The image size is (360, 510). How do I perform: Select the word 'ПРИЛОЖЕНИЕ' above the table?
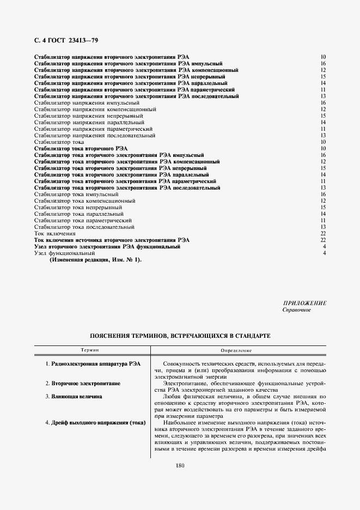coord(305,303)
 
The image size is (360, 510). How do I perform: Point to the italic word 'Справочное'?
coord(296,310)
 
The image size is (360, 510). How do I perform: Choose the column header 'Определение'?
coord(236,350)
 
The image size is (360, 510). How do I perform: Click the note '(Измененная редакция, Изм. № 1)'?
coord(95,260)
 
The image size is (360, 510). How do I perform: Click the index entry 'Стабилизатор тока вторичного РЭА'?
coord(81,148)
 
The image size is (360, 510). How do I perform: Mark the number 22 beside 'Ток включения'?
coord(323,233)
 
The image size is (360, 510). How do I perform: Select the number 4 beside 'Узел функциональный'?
coord(324,253)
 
